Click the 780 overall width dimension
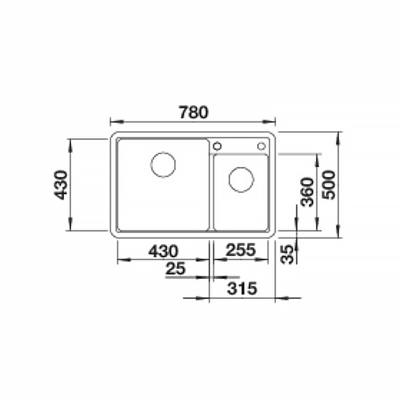[x=194, y=112]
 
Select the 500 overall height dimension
[x=328, y=185]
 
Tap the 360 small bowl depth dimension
[x=307, y=192]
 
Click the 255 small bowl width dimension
[x=240, y=250]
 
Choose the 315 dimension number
[x=242, y=289]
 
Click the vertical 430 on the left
[x=61, y=185]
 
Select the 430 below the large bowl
[x=163, y=251]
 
